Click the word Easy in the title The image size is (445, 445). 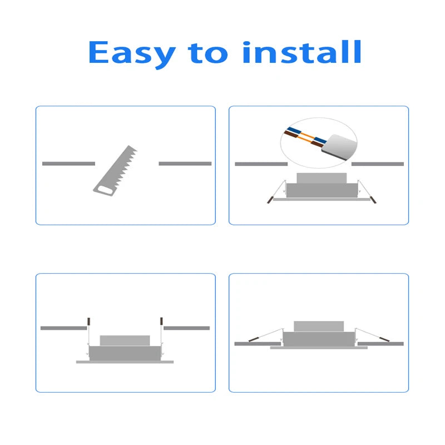tap(132, 54)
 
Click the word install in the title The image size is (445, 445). tap(302, 52)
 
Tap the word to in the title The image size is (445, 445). tap(207, 53)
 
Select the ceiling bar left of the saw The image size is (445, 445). tap(68, 164)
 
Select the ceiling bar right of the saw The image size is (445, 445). tap(185, 164)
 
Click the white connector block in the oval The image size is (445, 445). tap(339, 147)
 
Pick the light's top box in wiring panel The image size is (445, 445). tap(322, 178)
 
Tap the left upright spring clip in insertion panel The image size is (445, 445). tap(88, 322)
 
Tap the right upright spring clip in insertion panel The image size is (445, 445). tap(161, 322)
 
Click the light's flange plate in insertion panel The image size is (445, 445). tap(125, 362)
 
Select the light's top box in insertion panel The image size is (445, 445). tap(125, 340)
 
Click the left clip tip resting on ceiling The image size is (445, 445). tap(254, 339)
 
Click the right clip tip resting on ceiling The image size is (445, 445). tap(384, 339)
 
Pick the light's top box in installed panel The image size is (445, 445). tap(319, 327)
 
